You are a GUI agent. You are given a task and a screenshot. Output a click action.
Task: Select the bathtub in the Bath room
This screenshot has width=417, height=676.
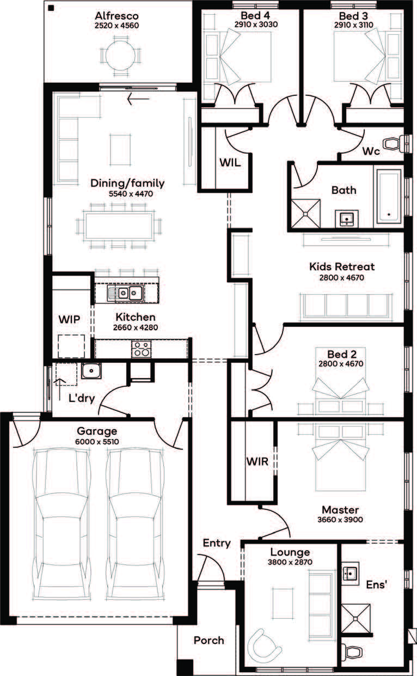[388, 197]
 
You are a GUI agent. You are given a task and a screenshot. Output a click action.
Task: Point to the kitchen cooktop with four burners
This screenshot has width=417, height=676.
[140, 348]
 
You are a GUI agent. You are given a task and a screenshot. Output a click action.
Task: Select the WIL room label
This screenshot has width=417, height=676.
[229, 162]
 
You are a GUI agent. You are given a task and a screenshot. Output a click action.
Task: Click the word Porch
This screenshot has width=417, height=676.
[208, 640]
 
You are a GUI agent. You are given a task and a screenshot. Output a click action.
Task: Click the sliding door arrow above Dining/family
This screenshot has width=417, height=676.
[134, 99]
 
